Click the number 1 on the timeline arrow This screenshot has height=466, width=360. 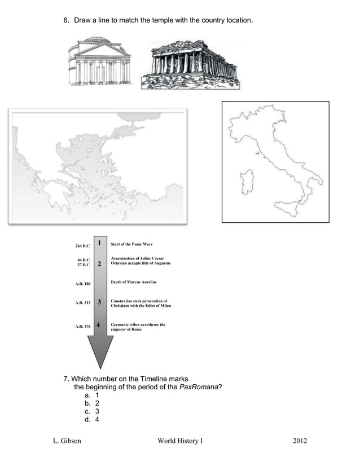99,243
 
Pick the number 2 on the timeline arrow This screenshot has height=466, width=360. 99,263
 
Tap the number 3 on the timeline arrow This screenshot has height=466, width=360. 99,302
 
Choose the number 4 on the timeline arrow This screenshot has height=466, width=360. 99,325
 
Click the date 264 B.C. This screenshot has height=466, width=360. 83,246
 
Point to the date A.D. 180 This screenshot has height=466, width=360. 83,283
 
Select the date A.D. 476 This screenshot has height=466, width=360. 83,327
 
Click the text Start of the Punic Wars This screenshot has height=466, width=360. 131,244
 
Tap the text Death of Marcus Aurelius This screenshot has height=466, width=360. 134,282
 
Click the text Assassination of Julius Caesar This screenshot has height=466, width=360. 137,258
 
